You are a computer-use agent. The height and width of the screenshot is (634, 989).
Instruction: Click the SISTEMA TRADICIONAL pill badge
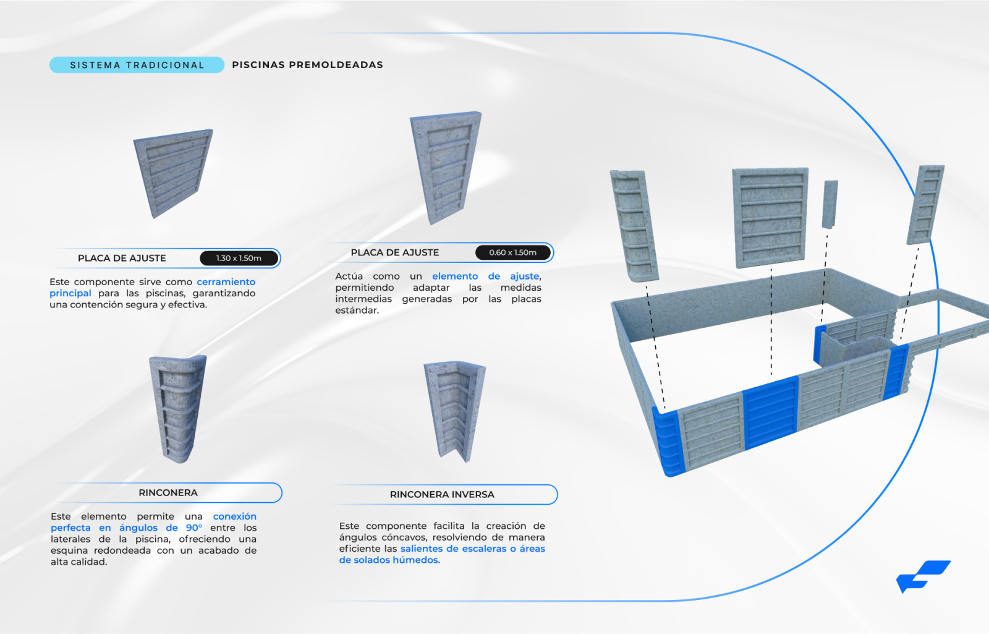click(x=137, y=65)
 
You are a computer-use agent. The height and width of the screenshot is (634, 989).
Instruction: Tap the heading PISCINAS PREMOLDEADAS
click(x=307, y=65)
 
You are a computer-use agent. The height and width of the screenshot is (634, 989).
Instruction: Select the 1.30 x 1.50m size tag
click(x=239, y=258)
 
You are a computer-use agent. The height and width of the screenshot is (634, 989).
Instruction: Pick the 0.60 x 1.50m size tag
click(x=512, y=252)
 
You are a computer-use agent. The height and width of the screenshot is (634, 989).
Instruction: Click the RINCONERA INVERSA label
click(x=442, y=494)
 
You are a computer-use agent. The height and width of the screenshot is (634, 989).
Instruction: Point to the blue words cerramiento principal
click(x=152, y=287)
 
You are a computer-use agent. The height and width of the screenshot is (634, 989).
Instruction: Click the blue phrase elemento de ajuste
click(x=486, y=276)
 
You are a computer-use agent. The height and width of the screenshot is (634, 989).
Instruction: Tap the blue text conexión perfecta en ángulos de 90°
click(x=153, y=522)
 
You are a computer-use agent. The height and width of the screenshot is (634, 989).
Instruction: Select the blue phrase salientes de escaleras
click(x=454, y=549)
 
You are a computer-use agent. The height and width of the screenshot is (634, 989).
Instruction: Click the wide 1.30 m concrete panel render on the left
click(x=173, y=173)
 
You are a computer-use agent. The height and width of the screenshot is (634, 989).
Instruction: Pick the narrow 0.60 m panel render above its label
click(x=446, y=167)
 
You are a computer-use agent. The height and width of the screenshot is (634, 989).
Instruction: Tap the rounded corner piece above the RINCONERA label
click(x=179, y=409)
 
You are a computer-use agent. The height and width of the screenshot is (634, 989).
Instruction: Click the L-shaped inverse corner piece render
click(x=455, y=411)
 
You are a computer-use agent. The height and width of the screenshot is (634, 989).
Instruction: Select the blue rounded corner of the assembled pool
click(x=668, y=442)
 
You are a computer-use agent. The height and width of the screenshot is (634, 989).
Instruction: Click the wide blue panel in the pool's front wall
click(x=771, y=413)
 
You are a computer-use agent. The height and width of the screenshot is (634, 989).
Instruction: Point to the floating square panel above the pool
click(x=770, y=217)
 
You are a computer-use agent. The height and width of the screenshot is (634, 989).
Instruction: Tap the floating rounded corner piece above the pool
click(x=634, y=226)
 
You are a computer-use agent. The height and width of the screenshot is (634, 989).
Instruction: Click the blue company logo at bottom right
click(x=923, y=576)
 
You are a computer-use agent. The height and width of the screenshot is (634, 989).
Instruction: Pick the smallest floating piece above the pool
click(x=830, y=204)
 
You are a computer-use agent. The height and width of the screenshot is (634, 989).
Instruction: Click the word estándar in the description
click(x=357, y=310)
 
